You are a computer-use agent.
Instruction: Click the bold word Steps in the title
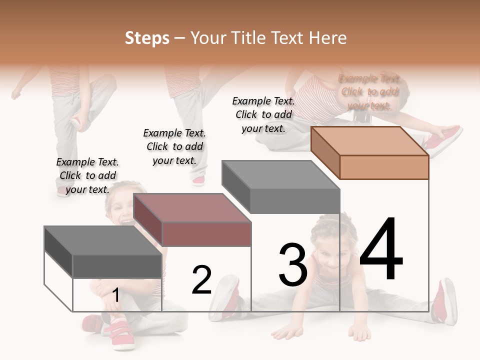(x=147, y=38)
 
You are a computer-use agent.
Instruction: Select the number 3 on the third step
(x=292, y=264)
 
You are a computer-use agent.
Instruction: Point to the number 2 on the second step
(x=201, y=279)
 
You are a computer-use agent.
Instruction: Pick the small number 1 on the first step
(x=116, y=295)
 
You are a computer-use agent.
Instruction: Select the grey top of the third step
(x=280, y=174)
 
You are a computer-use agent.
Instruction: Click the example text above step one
(x=87, y=175)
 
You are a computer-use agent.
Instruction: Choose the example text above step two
(x=174, y=146)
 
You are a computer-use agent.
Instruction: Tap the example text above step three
(x=263, y=114)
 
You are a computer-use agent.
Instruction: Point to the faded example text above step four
(x=369, y=92)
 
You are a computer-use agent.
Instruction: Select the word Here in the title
(x=327, y=38)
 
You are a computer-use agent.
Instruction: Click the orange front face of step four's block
(x=384, y=167)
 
